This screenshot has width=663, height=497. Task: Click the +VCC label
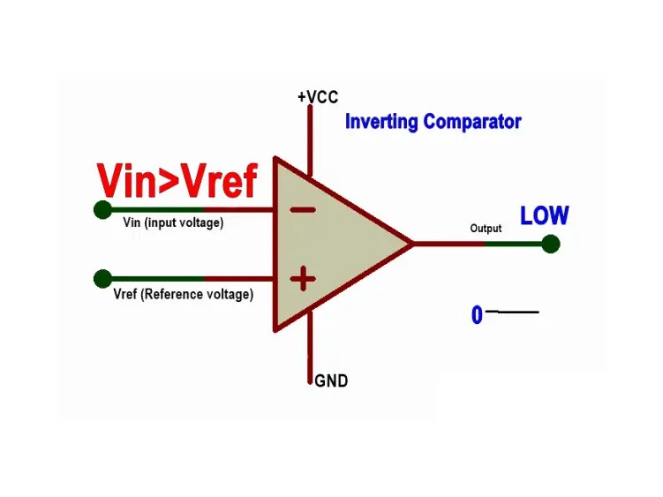[x=318, y=96]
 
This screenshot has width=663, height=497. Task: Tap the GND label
[x=331, y=381]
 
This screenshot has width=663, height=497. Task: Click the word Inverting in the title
[x=381, y=121]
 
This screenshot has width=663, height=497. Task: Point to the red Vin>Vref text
[x=177, y=181]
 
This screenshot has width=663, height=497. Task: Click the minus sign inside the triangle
[x=303, y=210]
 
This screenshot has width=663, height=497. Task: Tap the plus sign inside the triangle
[x=303, y=280]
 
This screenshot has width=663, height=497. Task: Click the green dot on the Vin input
[x=102, y=210]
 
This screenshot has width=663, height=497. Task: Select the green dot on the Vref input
[x=102, y=279]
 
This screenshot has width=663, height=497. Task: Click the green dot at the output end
[x=551, y=244]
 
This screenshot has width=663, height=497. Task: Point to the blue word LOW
[x=544, y=215]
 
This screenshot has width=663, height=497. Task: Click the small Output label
[x=486, y=229]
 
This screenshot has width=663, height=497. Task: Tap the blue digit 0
[x=477, y=315]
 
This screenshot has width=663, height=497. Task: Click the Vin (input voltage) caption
[x=173, y=222]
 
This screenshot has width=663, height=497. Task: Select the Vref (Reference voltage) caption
[x=184, y=294]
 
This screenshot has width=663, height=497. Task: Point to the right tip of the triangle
[x=411, y=243]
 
